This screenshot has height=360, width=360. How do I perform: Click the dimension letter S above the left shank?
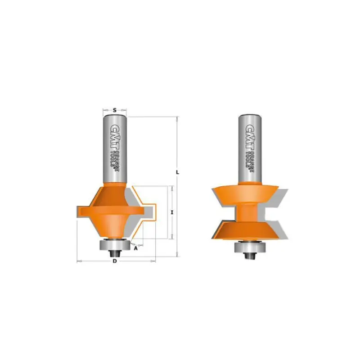(115, 110)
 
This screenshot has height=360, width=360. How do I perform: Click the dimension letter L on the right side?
(177, 172)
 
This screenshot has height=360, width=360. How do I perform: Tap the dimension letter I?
(172, 212)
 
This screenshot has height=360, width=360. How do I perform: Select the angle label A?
(136, 248)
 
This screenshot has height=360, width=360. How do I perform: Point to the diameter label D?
(115, 261)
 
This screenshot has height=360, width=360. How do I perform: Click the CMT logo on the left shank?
(114, 137)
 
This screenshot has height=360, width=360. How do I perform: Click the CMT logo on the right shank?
(250, 137)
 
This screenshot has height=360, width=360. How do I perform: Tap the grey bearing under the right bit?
(249, 247)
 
